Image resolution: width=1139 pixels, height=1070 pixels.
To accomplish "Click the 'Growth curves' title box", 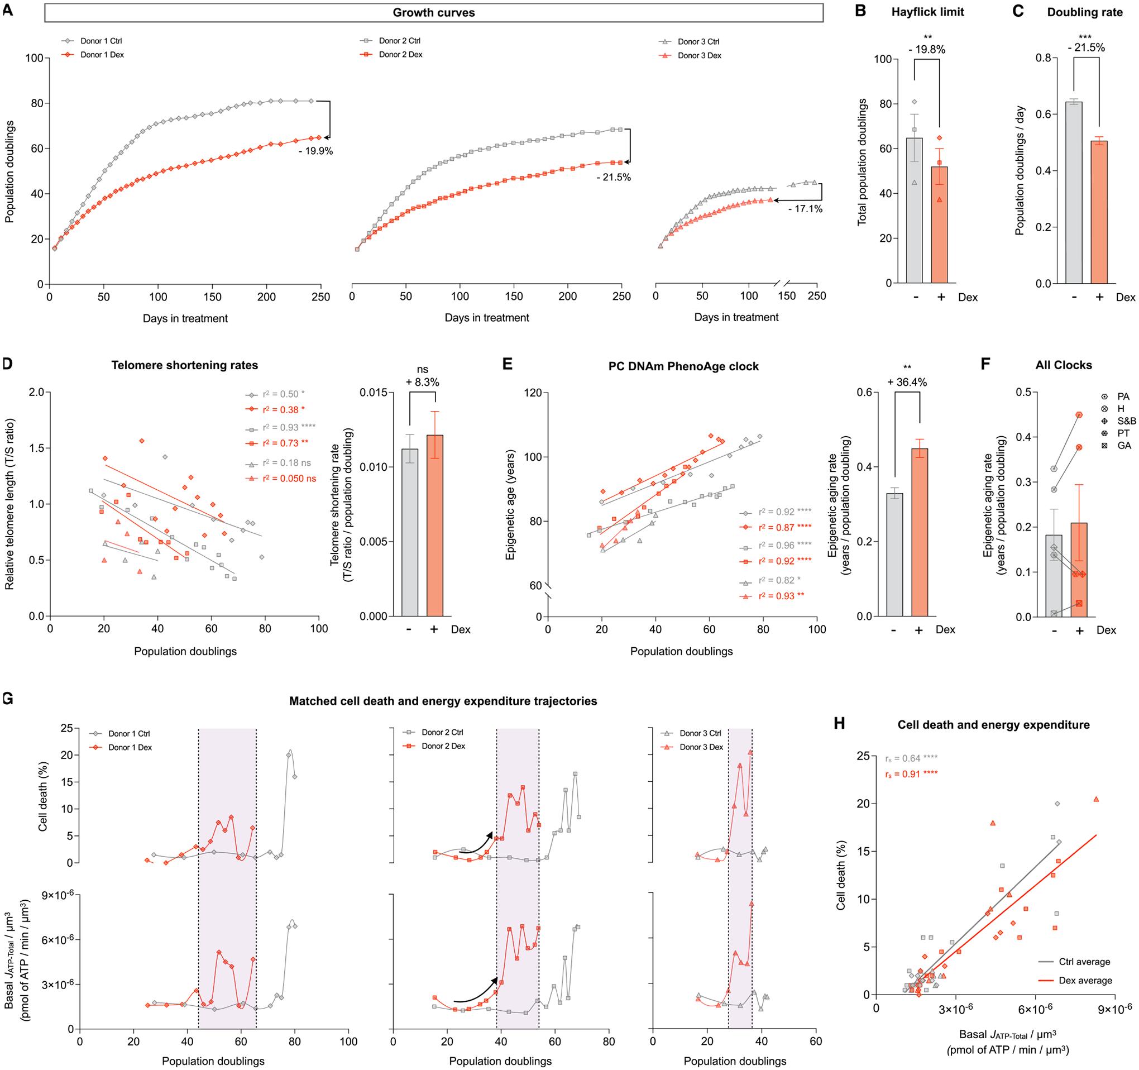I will click(434, 13).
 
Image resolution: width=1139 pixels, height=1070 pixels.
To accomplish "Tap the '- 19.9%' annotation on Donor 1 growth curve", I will click(315, 152).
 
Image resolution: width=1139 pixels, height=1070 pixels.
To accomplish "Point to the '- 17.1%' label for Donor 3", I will click(805, 209).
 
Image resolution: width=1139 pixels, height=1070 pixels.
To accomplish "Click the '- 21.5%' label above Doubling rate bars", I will click(1087, 48).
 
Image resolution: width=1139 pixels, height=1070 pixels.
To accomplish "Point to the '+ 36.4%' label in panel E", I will click(907, 383).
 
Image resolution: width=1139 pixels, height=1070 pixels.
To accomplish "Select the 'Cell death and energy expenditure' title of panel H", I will click(993, 725).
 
